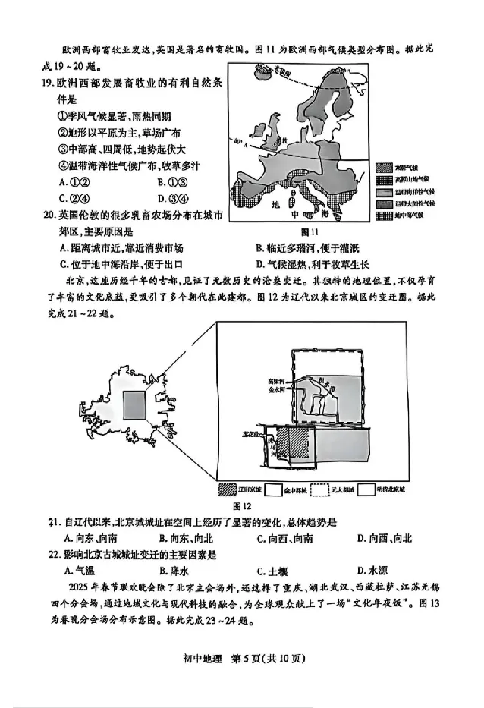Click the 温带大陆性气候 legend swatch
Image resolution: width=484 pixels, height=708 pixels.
(384, 203)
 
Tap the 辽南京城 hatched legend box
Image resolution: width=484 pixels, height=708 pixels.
(229, 489)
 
